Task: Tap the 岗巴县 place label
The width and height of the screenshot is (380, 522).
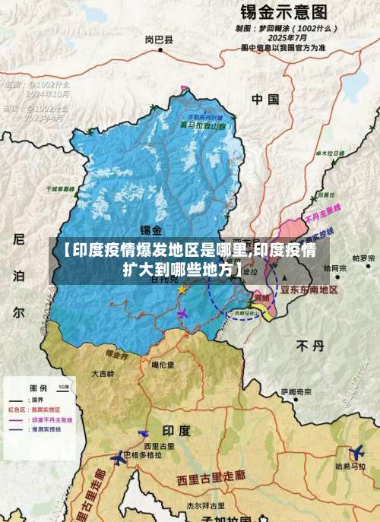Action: (x=158, y=40)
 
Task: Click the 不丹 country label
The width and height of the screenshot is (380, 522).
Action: (x=310, y=346)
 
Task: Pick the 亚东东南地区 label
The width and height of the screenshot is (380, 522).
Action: (x=309, y=289)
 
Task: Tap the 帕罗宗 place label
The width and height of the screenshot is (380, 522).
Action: (x=363, y=258)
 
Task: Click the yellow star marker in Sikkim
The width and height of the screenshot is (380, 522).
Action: (x=182, y=289)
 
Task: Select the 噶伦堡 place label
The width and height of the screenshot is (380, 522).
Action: (x=163, y=365)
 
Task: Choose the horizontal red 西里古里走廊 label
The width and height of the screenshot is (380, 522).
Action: (x=211, y=479)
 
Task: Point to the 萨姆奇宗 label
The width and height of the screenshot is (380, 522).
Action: (x=296, y=392)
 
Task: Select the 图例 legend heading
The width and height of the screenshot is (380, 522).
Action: (x=38, y=385)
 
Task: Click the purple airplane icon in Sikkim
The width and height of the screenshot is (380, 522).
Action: (x=182, y=312)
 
